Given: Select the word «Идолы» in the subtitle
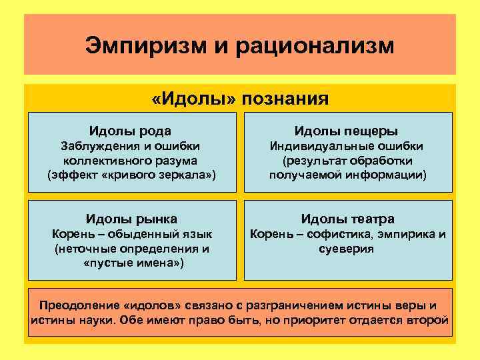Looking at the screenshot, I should tap(194, 99).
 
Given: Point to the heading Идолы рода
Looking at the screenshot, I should tap(130, 131).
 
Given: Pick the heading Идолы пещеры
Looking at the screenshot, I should tap(347, 131).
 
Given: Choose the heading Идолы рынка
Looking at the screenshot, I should tap(130, 219).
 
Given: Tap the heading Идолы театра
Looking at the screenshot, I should tap(347, 219).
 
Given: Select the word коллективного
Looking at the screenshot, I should tap(106, 161).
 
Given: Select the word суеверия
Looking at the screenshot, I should tap(347, 249).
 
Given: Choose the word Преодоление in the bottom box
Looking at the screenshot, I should tap(79, 306).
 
